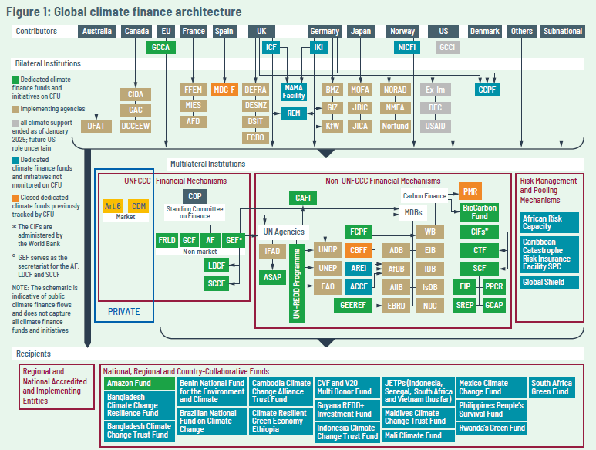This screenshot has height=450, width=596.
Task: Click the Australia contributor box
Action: click(x=97, y=32)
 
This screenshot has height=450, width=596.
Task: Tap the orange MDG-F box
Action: click(x=224, y=90)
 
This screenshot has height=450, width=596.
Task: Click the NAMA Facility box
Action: click(x=294, y=92)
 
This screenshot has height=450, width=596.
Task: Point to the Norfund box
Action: click(x=396, y=125)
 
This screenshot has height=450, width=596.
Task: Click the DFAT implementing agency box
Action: click(x=96, y=125)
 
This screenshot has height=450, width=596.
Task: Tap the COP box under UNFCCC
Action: click(x=194, y=196)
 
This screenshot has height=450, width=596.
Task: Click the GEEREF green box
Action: click(x=356, y=306)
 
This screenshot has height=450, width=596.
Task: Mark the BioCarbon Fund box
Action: click(x=480, y=211)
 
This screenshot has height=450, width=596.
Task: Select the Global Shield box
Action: click(x=544, y=283)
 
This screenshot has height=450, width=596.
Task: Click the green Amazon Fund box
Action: click(x=138, y=383)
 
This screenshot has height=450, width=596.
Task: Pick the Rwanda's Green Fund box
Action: click(x=491, y=428)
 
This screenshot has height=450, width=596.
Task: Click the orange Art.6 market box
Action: click(x=113, y=206)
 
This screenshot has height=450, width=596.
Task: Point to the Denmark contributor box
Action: click(x=484, y=32)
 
